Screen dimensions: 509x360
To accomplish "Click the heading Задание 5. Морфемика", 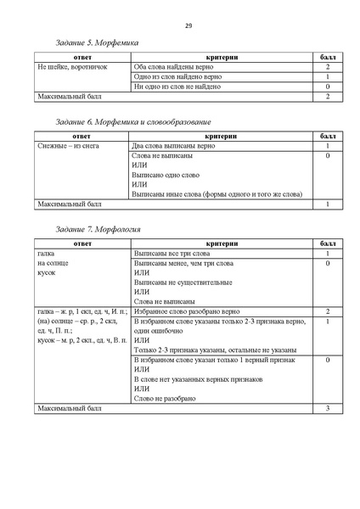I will (x=95, y=42).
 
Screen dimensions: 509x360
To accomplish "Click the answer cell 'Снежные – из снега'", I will (x=66, y=147).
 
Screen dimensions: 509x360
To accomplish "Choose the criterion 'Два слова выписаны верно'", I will (x=174, y=147).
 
